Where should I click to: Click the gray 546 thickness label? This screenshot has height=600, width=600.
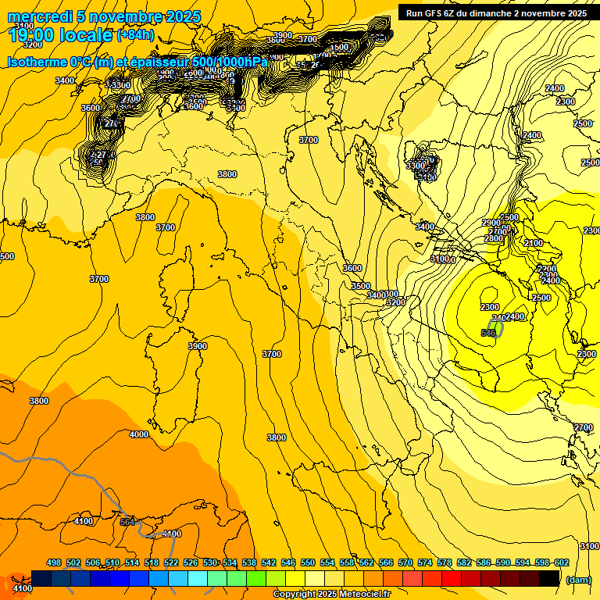click(488, 333)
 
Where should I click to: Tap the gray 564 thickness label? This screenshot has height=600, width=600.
click(127, 522)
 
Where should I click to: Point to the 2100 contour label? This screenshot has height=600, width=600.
click(533, 243)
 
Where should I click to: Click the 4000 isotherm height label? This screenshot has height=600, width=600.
click(138, 434)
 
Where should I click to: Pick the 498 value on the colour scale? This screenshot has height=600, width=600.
click(54, 562)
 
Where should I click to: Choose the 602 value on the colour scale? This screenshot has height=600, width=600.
click(562, 562)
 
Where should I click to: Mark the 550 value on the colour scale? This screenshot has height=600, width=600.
click(308, 562)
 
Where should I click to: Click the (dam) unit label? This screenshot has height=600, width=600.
click(578, 579)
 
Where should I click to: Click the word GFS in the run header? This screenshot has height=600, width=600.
click(445, 13)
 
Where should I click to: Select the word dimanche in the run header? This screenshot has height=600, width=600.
click(508, 13)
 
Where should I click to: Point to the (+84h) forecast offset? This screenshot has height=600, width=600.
click(135, 35)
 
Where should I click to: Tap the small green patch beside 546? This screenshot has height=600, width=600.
click(496, 326)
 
